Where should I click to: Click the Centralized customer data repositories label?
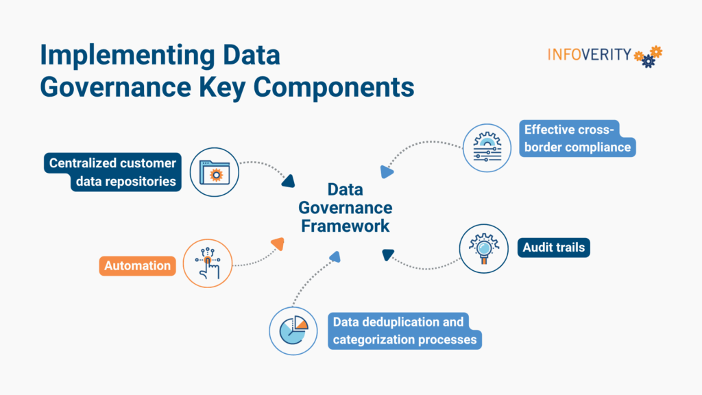tap(112, 172)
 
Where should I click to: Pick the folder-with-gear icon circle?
tap(215, 172)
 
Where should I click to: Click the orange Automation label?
tap(137, 265)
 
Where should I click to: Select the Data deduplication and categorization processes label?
tap(404, 331)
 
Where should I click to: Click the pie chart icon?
tap(293, 330)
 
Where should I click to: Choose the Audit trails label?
tap(554, 247)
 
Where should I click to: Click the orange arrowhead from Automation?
tap(277, 243)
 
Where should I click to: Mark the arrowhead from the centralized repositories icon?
tap(288, 181)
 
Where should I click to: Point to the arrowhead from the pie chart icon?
tap(335, 257)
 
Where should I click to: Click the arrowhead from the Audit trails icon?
tap(388, 254)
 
